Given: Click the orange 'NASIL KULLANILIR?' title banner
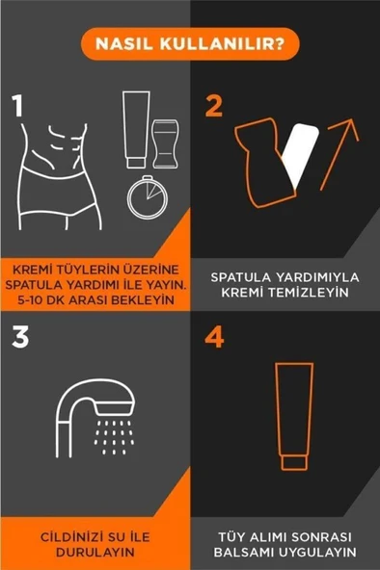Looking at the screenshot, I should click(x=189, y=43).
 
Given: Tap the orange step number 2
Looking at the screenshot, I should click(x=213, y=105).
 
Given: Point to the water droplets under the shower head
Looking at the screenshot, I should click(x=115, y=438).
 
